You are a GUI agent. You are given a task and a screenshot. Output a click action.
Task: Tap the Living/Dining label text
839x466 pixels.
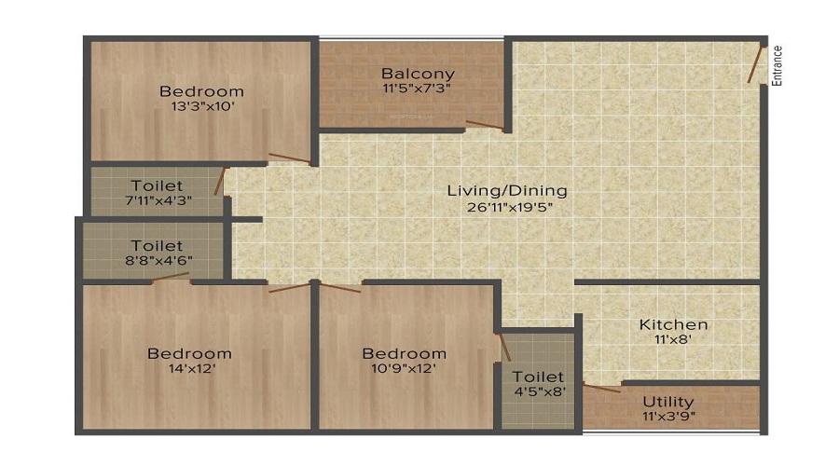click(x=507, y=190)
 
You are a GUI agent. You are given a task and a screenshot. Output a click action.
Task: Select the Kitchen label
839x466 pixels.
click(x=674, y=324)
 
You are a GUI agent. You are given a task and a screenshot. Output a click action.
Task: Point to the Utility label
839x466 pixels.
click(x=668, y=402)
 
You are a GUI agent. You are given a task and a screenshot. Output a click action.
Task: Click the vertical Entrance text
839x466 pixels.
click(x=777, y=66)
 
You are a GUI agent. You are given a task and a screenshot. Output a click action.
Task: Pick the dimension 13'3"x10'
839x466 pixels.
click(x=203, y=106)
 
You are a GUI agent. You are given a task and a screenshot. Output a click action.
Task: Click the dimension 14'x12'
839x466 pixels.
click(x=191, y=368)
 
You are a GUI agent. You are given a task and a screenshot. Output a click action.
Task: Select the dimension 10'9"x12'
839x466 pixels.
click(x=404, y=368)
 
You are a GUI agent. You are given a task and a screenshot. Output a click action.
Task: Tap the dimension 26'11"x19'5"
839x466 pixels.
click(x=509, y=207)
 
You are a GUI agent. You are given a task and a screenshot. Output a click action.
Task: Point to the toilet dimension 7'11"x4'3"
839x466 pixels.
click(x=158, y=200)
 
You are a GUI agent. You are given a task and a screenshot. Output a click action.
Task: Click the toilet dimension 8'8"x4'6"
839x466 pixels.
click(x=158, y=261)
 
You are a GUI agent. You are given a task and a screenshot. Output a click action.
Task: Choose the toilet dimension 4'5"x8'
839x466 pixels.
click(x=540, y=391)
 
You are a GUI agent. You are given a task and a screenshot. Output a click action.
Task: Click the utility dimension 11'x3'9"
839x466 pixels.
click(x=668, y=416)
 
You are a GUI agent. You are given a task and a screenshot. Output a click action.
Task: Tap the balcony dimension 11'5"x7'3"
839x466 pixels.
click(x=417, y=88)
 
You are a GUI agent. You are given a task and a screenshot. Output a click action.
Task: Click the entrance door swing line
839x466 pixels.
click(x=755, y=65)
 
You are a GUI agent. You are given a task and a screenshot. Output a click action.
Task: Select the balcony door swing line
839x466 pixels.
click(x=484, y=125)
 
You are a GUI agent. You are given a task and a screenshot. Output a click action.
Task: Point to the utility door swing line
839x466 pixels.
click(x=602, y=388)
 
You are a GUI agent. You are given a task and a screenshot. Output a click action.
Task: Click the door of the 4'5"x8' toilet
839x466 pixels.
click(x=504, y=348)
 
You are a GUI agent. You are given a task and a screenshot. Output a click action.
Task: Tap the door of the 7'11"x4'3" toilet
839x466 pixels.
click(x=220, y=181)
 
